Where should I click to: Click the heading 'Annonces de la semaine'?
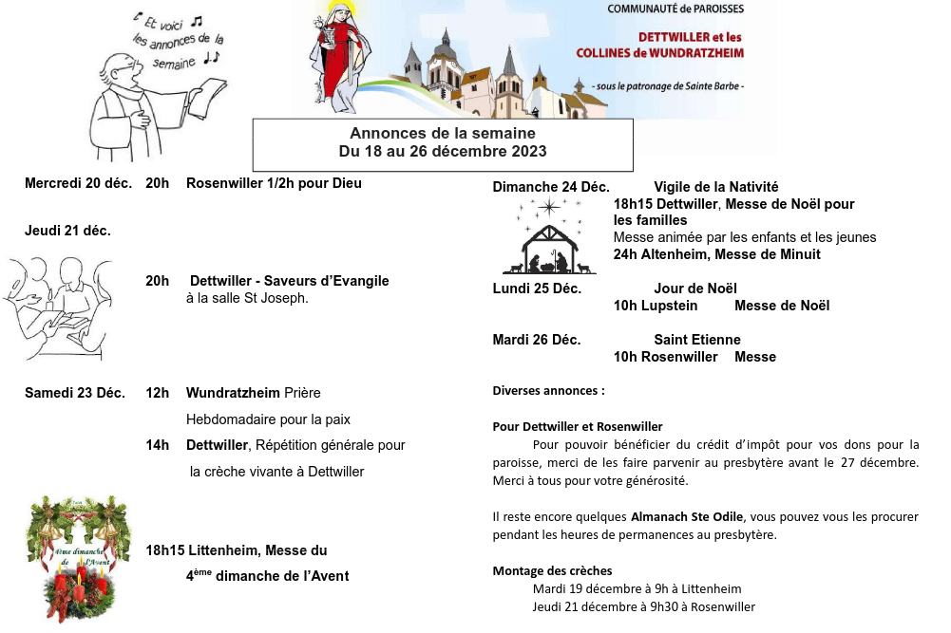(442, 134)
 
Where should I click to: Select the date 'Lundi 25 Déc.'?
(537, 289)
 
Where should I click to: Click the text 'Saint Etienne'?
(696, 340)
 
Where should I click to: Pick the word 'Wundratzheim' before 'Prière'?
(233, 393)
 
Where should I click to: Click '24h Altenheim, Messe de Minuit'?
(716, 254)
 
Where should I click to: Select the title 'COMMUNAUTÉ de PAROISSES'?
(675, 9)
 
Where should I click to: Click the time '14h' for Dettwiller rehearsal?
(157, 445)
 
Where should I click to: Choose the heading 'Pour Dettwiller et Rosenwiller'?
(578, 427)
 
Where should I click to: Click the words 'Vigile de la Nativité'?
(715, 187)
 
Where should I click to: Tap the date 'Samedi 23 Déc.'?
(75, 393)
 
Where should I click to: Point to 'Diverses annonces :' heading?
(548, 390)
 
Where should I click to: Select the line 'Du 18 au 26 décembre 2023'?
(442, 152)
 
